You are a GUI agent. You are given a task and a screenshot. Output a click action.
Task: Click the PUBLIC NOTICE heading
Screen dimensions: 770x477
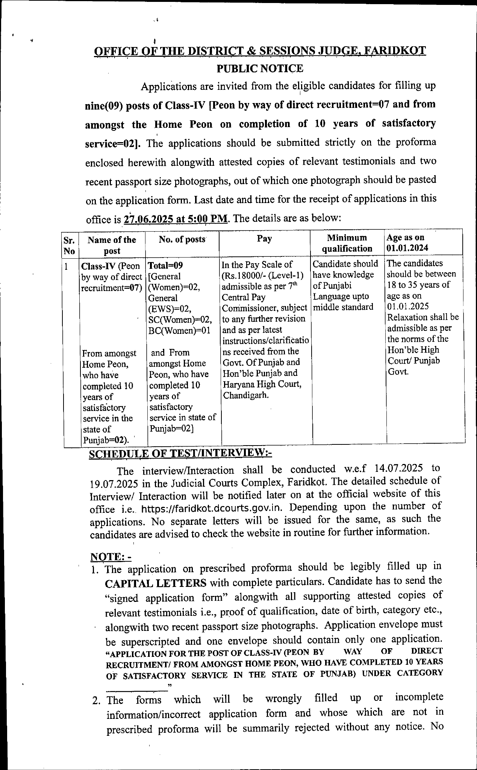(x=260, y=68)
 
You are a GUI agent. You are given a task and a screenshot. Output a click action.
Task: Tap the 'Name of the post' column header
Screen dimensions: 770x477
(x=112, y=245)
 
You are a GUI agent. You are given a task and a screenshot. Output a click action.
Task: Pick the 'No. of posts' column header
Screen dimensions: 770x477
(x=182, y=239)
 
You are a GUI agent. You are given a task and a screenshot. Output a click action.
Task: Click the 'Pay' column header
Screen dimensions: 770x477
(x=264, y=238)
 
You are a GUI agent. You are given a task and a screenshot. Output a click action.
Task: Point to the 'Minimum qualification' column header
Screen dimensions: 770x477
(x=347, y=243)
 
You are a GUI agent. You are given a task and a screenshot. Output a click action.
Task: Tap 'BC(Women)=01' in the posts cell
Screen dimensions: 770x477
(x=179, y=330)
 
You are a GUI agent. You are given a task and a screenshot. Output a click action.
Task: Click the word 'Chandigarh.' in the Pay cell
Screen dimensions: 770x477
(x=246, y=395)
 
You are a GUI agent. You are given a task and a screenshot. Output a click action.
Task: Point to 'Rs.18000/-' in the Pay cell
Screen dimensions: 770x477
(x=245, y=275)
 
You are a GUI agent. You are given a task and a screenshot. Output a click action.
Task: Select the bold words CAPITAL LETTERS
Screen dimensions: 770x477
(x=156, y=583)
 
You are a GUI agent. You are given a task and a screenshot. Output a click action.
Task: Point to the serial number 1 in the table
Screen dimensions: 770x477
(x=67, y=267)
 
